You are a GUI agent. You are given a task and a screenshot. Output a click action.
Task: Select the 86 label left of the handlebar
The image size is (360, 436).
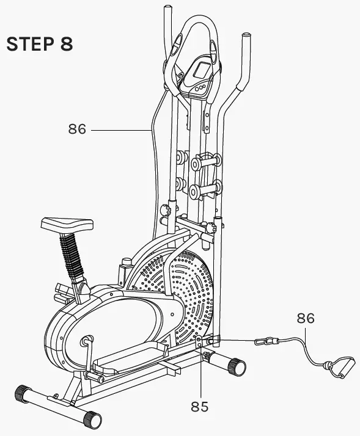click(x=76, y=129)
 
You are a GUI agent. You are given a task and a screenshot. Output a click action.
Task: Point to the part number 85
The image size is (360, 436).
click(x=199, y=405)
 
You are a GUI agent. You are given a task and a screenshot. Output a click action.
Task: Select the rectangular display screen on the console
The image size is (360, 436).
click(x=201, y=73)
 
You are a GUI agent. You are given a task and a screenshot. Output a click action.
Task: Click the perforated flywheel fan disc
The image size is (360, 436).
click(x=189, y=293)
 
